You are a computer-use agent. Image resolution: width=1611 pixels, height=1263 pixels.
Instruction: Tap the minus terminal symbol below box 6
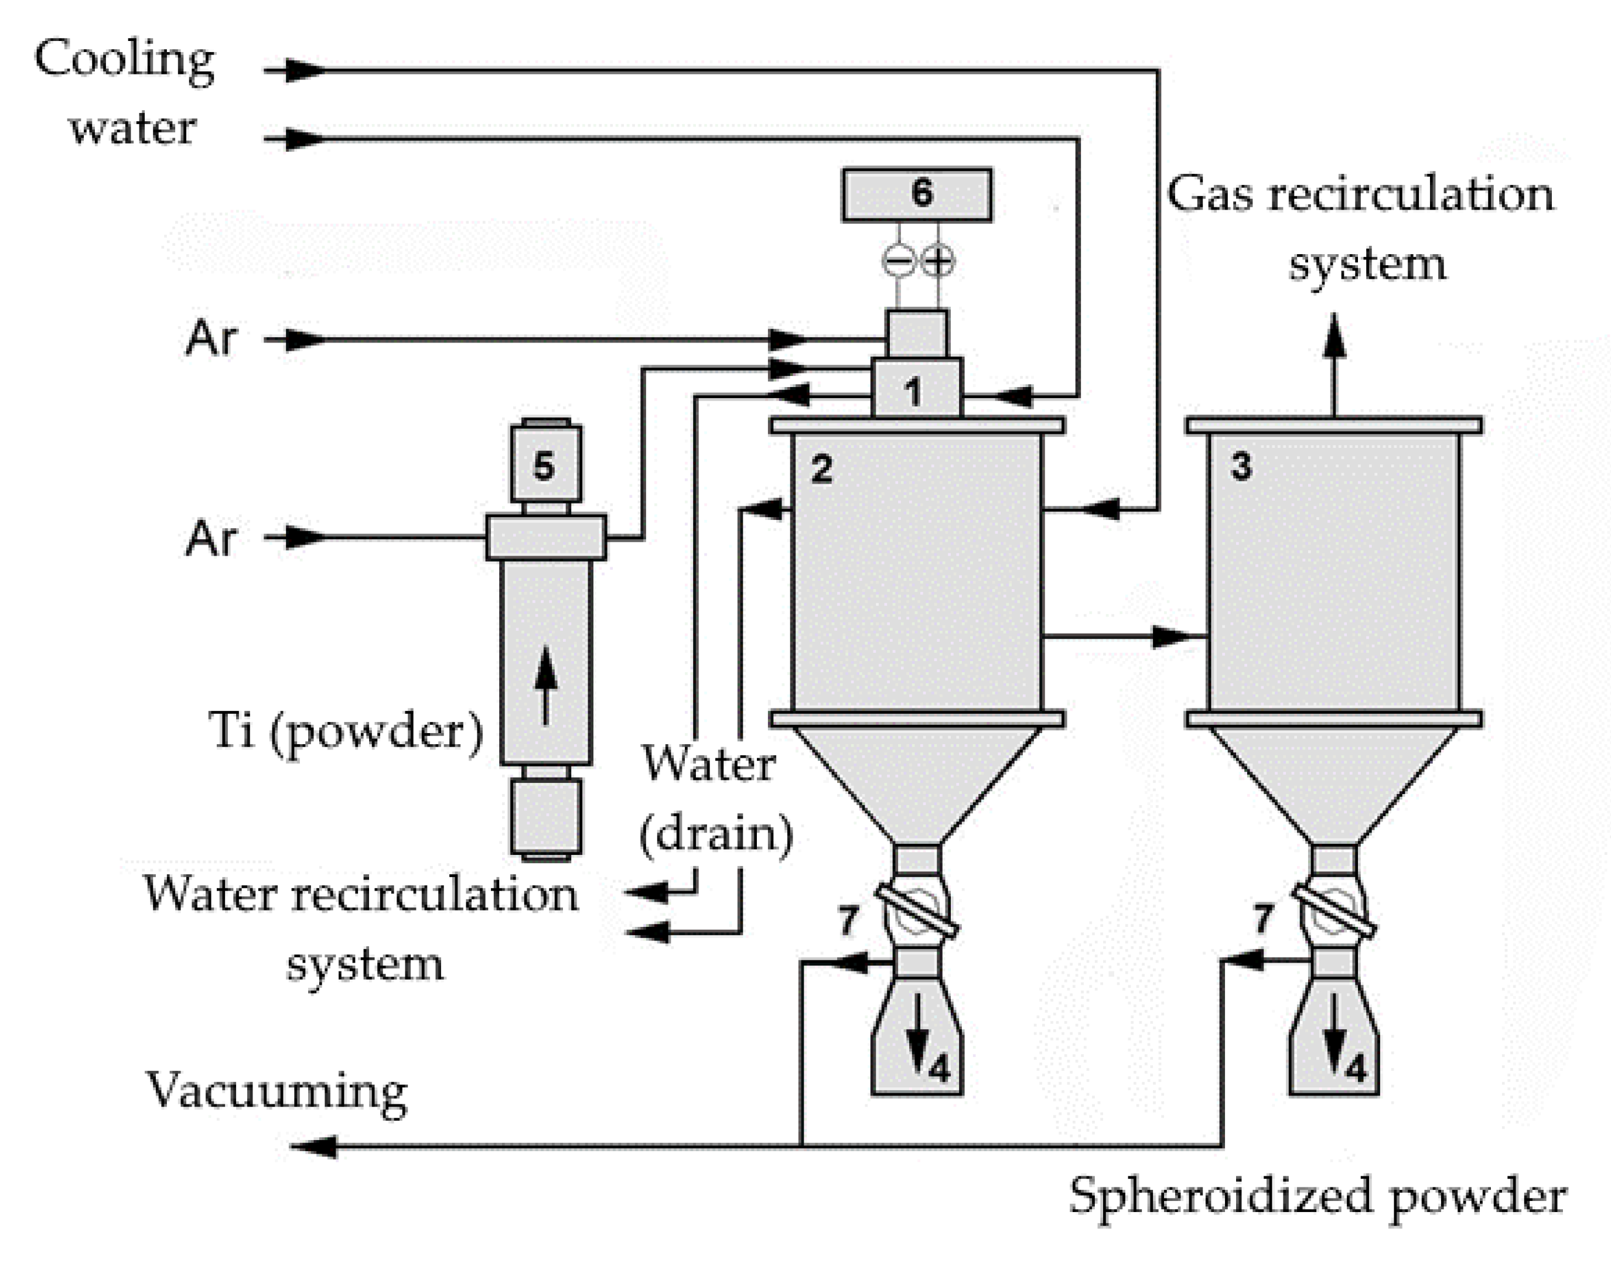coord(898,261)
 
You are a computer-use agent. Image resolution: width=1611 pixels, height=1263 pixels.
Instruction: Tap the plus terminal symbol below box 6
coord(938,261)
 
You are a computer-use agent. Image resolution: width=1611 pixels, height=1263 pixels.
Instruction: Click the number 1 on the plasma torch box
coord(914,391)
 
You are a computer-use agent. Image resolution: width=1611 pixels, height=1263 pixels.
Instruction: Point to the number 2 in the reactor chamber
coord(821,469)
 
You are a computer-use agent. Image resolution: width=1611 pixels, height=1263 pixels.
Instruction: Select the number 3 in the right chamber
coord(1241,467)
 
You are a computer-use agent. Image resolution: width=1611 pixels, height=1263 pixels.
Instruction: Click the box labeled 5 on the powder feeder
coord(545,465)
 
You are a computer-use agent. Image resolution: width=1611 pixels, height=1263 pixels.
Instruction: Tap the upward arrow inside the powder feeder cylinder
coord(545,684)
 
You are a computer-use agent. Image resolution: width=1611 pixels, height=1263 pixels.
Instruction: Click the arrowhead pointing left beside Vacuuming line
coord(315,1147)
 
